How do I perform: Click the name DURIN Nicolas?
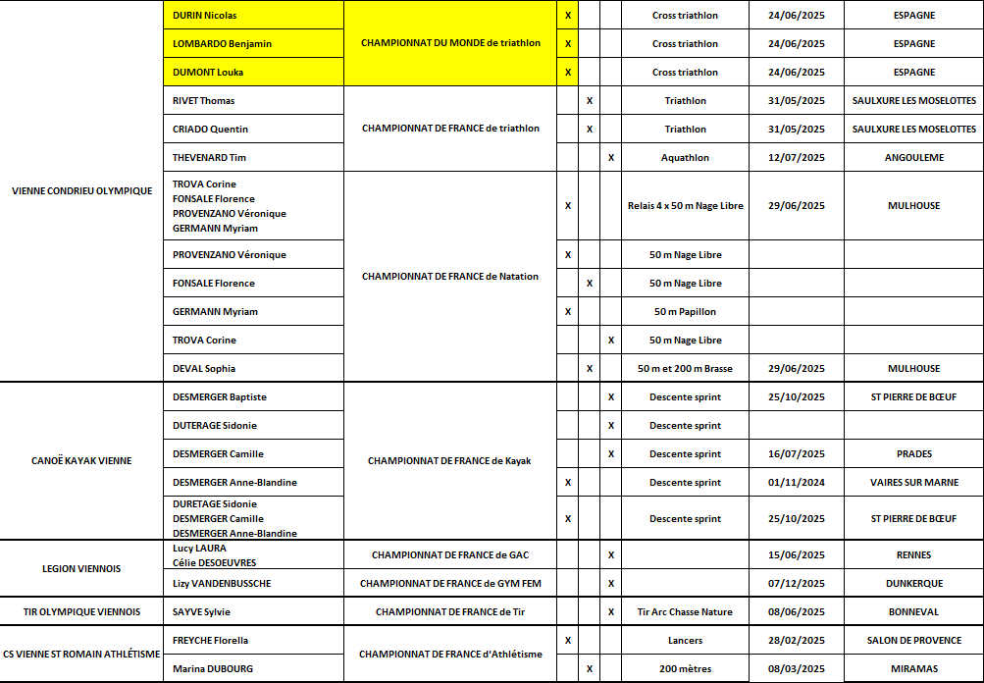coord(204,16)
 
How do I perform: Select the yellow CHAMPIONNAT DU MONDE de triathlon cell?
coord(450,43)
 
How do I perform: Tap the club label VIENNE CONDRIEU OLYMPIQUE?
coord(81,190)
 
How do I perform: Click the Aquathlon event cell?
coord(685,157)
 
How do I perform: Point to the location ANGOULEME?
coord(913,157)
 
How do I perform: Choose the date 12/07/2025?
coord(797,157)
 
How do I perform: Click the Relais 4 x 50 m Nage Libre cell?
coord(685,206)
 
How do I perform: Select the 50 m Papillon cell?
coord(685,312)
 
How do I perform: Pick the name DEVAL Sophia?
coord(204,369)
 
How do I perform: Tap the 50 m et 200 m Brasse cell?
coord(685,369)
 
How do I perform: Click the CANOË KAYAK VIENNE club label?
coord(81,461)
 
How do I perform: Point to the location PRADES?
coord(913,454)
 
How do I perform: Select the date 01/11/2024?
coord(797,483)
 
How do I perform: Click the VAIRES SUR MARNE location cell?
coord(913,483)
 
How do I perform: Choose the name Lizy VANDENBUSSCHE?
coord(222,584)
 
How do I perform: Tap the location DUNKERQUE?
coord(913,584)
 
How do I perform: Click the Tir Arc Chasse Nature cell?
coord(685,612)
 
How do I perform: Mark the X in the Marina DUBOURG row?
coord(589,669)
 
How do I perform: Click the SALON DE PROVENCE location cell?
coord(913,641)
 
